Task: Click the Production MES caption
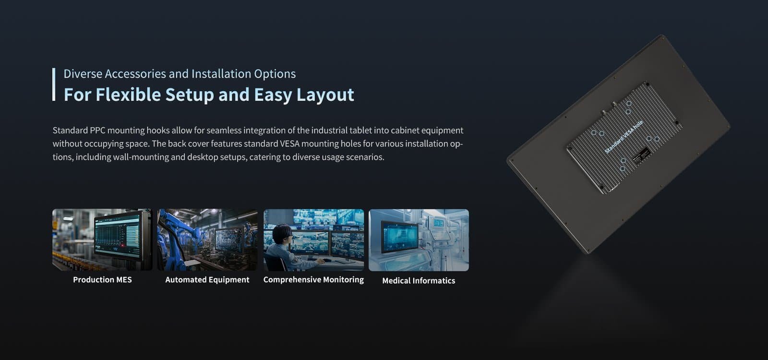pyautogui.click(x=102, y=280)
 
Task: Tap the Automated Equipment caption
pyautogui.click(x=207, y=280)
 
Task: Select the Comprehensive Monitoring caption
pyautogui.click(x=313, y=280)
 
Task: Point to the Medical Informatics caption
pyautogui.click(x=419, y=281)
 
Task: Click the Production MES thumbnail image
pyautogui.click(x=102, y=240)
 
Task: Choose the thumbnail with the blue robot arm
pyautogui.click(x=207, y=240)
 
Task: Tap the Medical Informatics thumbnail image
pyautogui.click(x=419, y=240)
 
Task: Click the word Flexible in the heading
pyautogui.click(x=128, y=94)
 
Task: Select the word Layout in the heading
pyautogui.click(x=325, y=95)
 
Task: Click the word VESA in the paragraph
pyautogui.click(x=290, y=144)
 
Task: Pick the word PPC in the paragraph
pyautogui.click(x=97, y=130)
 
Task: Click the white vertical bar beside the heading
pyautogui.click(x=54, y=84)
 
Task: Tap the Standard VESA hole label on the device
pyautogui.click(x=624, y=137)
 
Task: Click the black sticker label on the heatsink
pyautogui.click(x=641, y=156)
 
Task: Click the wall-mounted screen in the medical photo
pyautogui.click(x=400, y=236)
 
